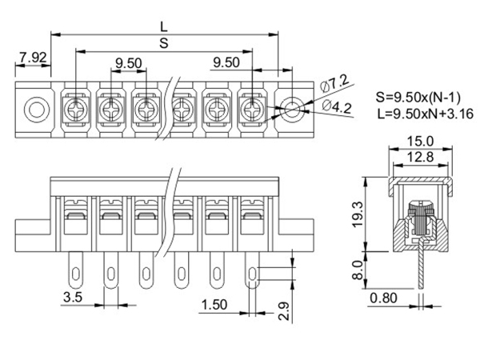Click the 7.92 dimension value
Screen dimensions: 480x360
point(33,58)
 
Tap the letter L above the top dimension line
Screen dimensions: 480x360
point(164,27)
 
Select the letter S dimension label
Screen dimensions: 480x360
point(164,43)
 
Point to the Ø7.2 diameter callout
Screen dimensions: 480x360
point(334,83)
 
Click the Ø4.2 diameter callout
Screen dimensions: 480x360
point(337,107)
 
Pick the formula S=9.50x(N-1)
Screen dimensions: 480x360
point(418,98)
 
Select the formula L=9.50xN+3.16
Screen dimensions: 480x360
point(426,114)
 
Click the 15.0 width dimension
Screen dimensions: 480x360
point(420,142)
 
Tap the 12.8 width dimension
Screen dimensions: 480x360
point(420,157)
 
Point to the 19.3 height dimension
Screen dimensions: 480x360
point(358,214)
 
